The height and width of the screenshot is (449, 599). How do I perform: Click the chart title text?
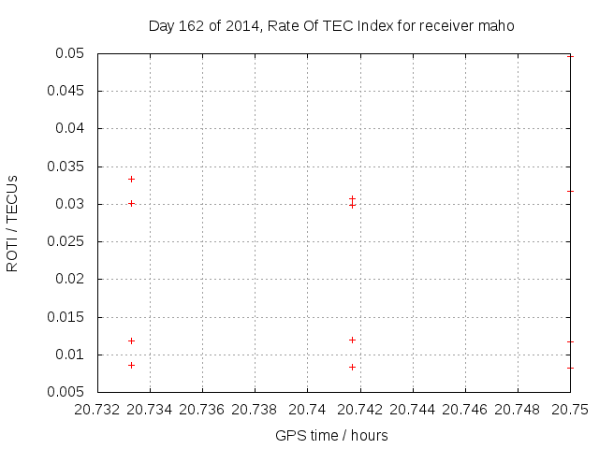(x=331, y=26)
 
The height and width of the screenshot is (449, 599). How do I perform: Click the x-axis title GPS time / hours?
(x=331, y=436)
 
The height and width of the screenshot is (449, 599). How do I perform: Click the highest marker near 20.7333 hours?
(x=132, y=179)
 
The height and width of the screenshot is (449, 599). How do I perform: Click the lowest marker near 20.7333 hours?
(x=132, y=365)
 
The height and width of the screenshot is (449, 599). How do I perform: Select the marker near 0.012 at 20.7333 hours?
(x=132, y=340)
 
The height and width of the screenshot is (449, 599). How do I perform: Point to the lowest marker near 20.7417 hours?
(x=352, y=367)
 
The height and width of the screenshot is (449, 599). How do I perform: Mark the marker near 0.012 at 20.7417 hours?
(x=352, y=340)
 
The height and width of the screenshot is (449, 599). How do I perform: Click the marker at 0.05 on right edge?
(x=570, y=56)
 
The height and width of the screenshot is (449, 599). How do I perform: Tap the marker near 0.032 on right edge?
(x=570, y=191)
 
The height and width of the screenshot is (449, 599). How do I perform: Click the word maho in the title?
(x=498, y=26)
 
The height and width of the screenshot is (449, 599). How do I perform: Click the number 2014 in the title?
(x=241, y=26)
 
